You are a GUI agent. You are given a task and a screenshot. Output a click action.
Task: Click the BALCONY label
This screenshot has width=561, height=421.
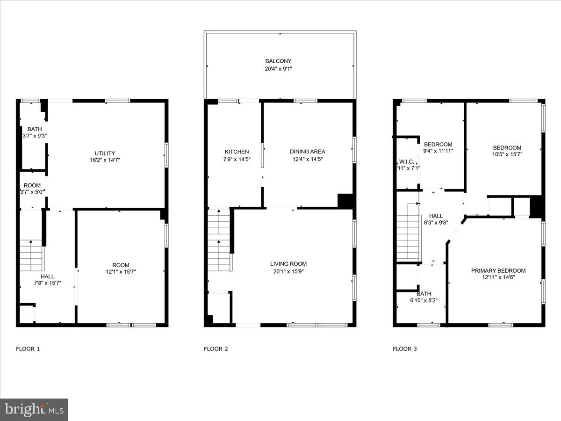coord(278,61)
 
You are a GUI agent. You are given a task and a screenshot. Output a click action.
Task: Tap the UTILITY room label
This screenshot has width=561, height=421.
coord(105,153)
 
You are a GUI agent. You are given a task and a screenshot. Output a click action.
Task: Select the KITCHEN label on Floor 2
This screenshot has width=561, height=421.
coord(237,152)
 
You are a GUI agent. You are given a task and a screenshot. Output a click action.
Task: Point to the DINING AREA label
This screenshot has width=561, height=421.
coord(307,152)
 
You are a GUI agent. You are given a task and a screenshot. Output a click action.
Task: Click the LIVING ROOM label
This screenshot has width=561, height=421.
coord(288,264)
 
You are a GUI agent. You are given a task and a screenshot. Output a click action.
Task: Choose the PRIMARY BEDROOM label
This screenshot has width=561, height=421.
coord(498,270)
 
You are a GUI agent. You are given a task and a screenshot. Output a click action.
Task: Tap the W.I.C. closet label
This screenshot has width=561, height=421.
coord(406,161)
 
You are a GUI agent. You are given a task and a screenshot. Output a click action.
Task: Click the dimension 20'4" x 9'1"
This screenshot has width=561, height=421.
coord(278,69)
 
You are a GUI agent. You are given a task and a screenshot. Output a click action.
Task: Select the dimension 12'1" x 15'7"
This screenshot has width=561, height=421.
coord(121,272)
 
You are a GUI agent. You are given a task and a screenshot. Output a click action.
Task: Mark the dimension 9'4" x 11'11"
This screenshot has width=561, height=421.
coord(438,151)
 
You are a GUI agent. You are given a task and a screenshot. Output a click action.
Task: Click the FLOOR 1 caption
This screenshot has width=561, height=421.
coord(28,348)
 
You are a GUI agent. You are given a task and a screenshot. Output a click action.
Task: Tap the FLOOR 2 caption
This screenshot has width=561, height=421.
coord(216,348)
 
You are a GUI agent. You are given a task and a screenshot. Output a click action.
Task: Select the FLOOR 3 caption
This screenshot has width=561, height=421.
coord(404,348)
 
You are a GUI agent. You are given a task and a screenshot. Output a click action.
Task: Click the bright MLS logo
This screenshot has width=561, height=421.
coord(34,410)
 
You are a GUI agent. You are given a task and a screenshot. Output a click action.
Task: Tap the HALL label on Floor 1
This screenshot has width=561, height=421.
coord(47,276)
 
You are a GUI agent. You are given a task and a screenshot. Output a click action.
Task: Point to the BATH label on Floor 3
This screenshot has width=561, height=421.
coord(424,294)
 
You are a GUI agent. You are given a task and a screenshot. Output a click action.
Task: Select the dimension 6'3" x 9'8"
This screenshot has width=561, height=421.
coord(436,223)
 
